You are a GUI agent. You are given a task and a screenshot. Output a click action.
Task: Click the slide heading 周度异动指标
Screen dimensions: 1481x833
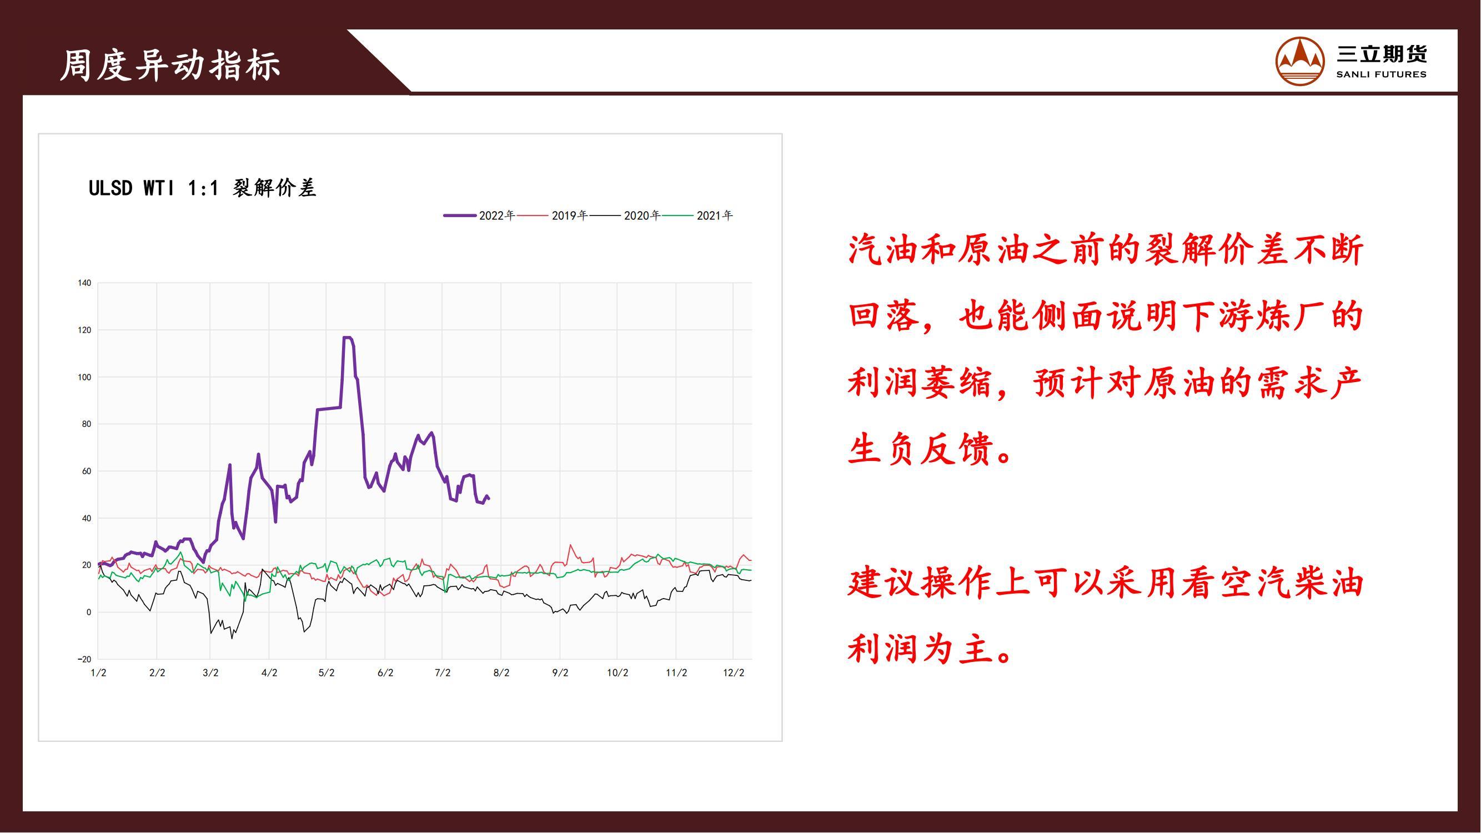point(170,65)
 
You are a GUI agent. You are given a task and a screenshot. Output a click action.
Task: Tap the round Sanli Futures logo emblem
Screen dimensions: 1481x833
point(1300,61)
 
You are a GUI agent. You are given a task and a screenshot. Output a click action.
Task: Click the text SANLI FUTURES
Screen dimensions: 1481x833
point(1381,74)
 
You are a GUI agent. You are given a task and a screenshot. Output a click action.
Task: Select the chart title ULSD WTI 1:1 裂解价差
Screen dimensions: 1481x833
point(202,188)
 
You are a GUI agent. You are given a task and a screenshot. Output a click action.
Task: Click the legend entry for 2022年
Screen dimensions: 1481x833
point(479,215)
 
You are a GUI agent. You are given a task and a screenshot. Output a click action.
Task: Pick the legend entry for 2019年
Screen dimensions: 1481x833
point(552,215)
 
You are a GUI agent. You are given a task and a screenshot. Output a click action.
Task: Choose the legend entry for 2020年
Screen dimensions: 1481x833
point(624,215)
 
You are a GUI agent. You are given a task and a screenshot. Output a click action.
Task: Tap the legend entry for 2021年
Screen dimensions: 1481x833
point(697,215)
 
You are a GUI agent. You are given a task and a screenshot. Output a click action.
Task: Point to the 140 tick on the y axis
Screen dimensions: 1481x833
point(84,283)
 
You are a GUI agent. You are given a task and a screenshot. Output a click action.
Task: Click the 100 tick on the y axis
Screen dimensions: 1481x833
point(84,377)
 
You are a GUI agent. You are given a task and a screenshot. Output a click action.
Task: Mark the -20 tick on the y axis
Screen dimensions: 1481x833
point(84,659)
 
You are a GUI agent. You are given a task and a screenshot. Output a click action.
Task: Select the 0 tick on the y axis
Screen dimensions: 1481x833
point(88,612)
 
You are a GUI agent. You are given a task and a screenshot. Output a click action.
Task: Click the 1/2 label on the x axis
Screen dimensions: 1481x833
point(98,673)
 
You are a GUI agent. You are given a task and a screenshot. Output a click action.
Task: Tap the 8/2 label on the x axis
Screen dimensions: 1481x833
point(501,673)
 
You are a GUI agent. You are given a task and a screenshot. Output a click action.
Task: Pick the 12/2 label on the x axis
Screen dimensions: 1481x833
point(734,673)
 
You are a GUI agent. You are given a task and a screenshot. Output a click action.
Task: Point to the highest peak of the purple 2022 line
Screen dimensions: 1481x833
point(347,338)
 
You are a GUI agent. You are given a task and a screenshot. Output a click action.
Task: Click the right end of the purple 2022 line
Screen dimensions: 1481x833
point(489,499)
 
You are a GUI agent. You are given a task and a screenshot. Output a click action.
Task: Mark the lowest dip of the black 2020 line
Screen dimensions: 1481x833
point(232,638)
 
